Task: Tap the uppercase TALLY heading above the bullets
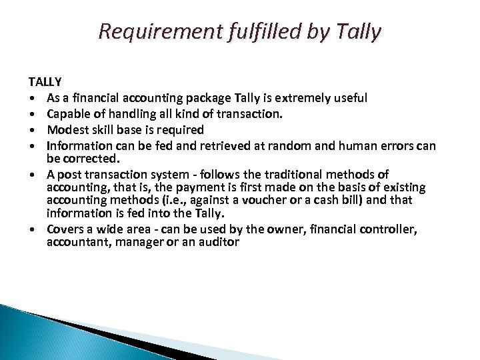pyautogui.click(x=45, y=83)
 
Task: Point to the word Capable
pyautogui.click(x=70, y=113)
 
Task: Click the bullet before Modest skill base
pyautogui.click(x=32, y=129)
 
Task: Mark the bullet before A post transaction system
pyautogui.click(x=32, y=175)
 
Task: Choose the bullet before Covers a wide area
pyautogui.click(x=32, y=229)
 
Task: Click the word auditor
pyautogui.click(x=215, y=243)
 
